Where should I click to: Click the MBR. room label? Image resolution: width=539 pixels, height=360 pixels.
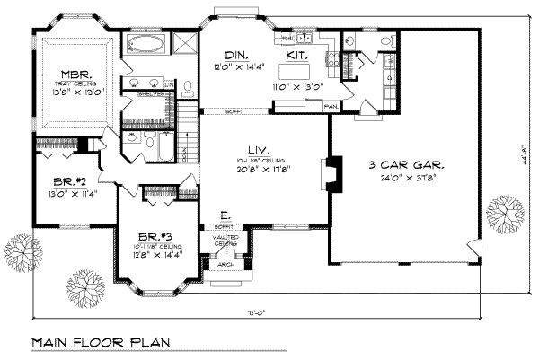(x=73, y=74)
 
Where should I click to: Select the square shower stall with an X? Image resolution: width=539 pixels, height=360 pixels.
(x=183, y=44)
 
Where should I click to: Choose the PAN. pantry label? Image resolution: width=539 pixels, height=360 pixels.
(x=331, y=106)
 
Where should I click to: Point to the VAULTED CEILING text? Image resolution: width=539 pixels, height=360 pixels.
(x=224, y=240)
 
